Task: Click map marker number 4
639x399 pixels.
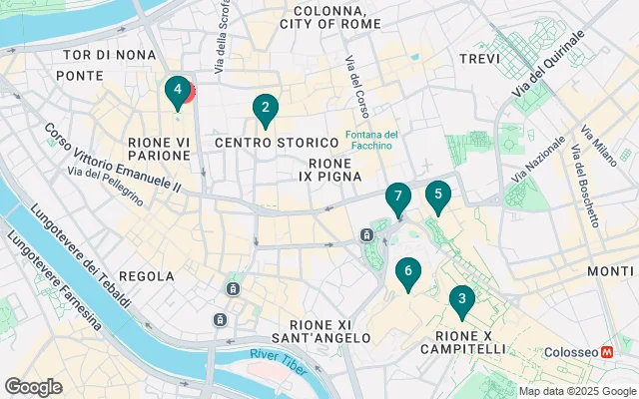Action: (x=177, y=93)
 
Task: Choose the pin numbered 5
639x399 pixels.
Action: (x=436, y=197)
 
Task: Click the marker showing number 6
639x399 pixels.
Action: (x=406, y=272)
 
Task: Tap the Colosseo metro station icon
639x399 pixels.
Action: (x=607, y=353)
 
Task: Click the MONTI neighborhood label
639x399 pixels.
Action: (x=609, y=271)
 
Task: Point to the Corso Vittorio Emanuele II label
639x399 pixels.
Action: (x=112, y=158)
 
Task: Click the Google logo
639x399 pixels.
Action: (x=33, y=387)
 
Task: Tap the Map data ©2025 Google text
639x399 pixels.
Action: (x=577, y=391)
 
